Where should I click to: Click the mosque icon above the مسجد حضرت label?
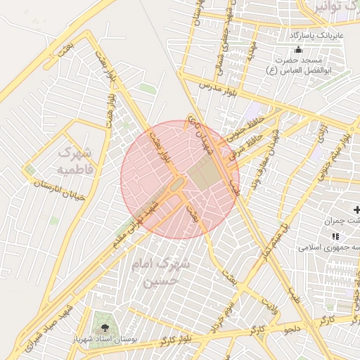point(298,50)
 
